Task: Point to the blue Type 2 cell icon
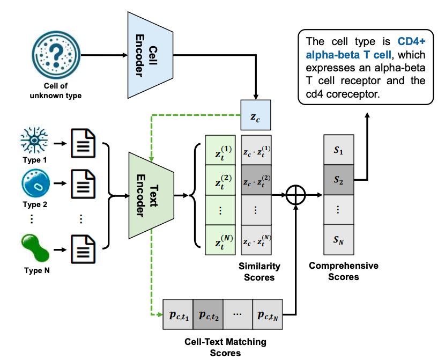click(x=36, y=186)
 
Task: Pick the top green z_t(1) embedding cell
click(x=220, y=150)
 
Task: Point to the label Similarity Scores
click(x=259, y=271)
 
